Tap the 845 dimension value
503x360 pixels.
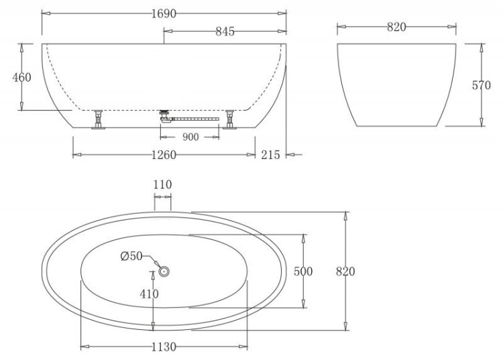pyautogui.click(x=225, y=32)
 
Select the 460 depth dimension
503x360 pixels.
pyautogui.click(x=22, y=77)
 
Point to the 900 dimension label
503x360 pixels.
pyautogui.click(x=190, y=137)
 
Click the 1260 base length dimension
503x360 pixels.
pyautogui.click(x=164, y=155)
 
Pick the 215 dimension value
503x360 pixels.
pyautogui.click(x=270, y=155)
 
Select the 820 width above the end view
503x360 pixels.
pyautogui.click(x=397, y=27)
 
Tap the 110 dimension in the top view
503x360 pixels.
pyautogui.click(x=162, y=185)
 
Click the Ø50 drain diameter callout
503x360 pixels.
pyautogui.click(x=131, y=255)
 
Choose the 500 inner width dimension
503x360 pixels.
pyautogui.click(x=304, y=272)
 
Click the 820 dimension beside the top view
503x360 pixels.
pyautogui.click(x=345, y=272)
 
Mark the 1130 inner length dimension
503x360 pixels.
pyautogui.click(x=164, y=347)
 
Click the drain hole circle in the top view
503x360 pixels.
pyautogui.click(x=164, y=272)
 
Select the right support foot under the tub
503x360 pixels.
pyautogui.click(x=231, y=120)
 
